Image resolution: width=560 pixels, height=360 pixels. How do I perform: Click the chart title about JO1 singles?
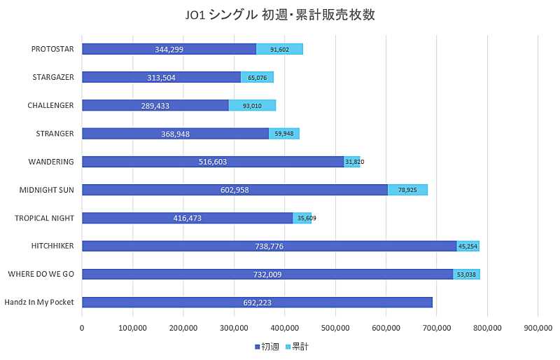tap(280, 15)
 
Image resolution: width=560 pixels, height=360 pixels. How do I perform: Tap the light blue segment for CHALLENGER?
tap(252, 105)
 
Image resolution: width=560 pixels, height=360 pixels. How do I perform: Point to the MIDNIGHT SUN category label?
tap(48, 190)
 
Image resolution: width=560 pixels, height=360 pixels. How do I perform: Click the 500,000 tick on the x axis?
tap(335, 327)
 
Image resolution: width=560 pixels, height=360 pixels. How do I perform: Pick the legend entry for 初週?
tap(265, 347)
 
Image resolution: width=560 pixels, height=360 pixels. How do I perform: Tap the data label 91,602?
tap(279, 50)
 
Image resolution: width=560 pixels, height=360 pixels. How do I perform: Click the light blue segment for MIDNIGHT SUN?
tap(407, 190)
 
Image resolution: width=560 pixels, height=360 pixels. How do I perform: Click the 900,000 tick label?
tap(538, 327)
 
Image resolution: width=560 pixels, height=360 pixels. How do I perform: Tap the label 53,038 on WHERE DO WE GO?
tap(465, 275)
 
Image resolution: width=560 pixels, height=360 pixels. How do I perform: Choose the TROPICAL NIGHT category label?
tap(44, 218)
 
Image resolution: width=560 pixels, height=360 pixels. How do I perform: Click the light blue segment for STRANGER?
tap(284, 134)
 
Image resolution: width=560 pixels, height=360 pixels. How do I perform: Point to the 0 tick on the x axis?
tap(82, 327)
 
